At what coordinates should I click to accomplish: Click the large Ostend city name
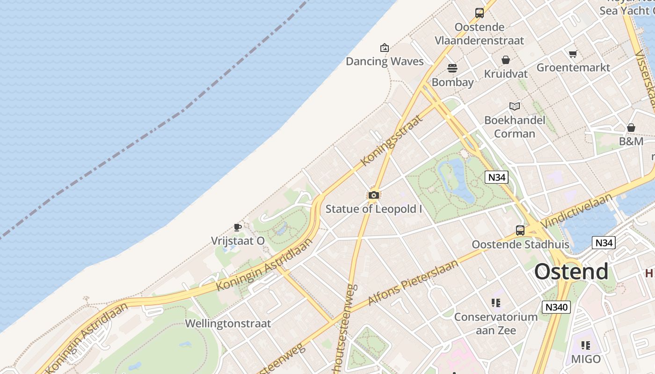(x=571, y=272)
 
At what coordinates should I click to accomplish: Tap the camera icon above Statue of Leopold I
(x=373, y=195)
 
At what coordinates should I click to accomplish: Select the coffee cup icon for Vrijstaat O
(x=238, y=228)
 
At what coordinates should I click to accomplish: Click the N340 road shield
(x=556, y=307)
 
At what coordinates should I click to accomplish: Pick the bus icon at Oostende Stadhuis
(x=520, y=230)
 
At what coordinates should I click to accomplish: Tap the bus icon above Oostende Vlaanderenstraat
(x=480, y=13)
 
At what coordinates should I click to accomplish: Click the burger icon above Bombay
(x=452, y=68)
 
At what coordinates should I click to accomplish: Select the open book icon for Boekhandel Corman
(x=515, y=106)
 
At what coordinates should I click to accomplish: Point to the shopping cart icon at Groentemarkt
(x=573, y=54)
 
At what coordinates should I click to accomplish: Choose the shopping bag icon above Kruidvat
(x=505, y=60)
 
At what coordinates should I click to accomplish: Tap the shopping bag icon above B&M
(x=631, y=127)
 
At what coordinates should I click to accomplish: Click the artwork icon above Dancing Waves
(x=385, y=47)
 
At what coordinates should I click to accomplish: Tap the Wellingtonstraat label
(x=228, y=324)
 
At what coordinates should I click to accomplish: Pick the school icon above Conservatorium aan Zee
(x=496, y=303)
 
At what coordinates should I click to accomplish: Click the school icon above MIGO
(x=586, y=345)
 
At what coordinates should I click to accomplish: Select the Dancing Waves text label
(x=385, y=61)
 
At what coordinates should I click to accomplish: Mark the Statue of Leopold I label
(x=373, y=209)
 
